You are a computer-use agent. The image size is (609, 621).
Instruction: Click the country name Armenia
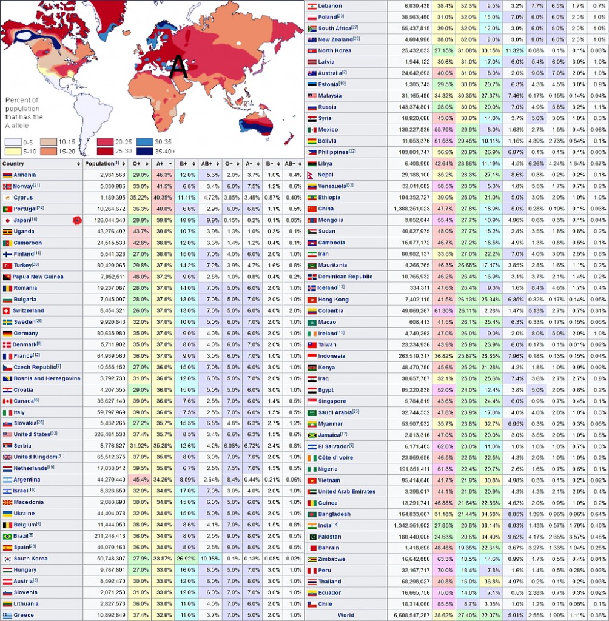pos(25,175)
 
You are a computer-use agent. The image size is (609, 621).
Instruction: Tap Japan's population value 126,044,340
pos(106,220)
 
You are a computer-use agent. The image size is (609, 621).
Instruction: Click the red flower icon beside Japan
pos(76,220)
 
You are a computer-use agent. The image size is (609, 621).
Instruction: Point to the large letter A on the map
pos(178,67)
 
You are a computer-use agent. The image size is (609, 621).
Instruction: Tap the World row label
pos(346,615)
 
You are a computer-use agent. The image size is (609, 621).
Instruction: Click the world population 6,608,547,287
pos(408,615)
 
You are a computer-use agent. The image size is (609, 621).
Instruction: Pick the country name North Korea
pos(335,50)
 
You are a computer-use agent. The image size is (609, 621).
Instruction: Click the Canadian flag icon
pos(7,401)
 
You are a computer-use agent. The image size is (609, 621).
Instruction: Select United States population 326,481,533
pos(106,435)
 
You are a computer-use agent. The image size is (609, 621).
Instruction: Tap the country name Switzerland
pos(29,310)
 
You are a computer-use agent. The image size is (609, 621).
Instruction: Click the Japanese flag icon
pos(7,220)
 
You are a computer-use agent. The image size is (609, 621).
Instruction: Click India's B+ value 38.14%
pos(490,525)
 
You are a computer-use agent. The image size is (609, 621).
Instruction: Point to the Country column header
pos(13,164)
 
